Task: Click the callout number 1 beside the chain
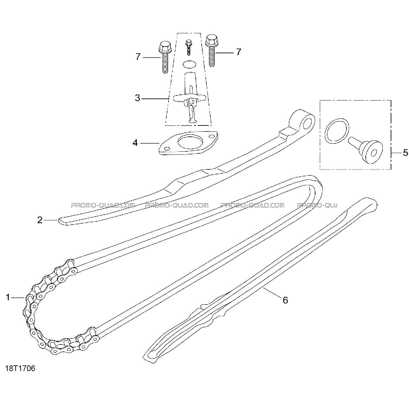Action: point(8,298)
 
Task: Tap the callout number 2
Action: point(40,220)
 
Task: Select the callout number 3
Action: point(137,98)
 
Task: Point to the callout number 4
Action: point(135,143)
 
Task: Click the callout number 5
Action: point(405,153)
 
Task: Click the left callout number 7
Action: point(138,57)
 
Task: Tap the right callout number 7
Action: point(239,52)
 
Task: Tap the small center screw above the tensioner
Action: point(188,48)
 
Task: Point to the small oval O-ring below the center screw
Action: point(189,65)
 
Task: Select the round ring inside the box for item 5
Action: point(337,131)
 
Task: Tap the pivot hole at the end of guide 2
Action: point(307,124)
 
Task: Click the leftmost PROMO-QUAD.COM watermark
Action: point(103,205)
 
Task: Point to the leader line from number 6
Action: point(272,295)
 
